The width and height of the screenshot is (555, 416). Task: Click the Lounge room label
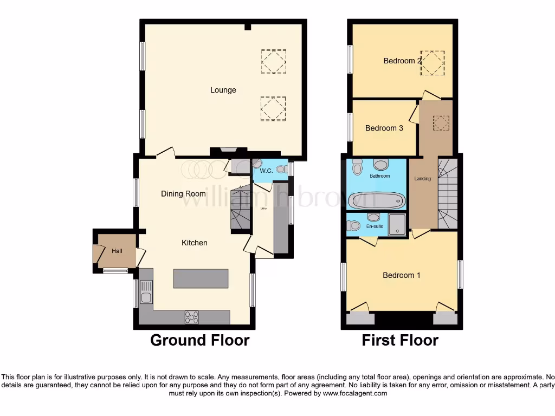pyautogui.click(x=223, y=90)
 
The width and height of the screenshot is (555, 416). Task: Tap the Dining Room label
pyautogui.click(x=183, y=193)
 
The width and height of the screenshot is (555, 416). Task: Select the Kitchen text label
pyautogui.click(x=194, y=243)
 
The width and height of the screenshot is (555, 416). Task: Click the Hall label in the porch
pyautogui.click(x=117, y=251)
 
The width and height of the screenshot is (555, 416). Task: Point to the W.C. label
pyautogui.click(x=266, y=171)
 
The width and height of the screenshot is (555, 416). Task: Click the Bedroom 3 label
pyautogui.click(x=384, y=128)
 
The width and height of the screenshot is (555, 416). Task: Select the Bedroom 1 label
pyautogui.click(x=401, y=275)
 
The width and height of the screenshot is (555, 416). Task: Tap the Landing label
pyautogui.click(x=422, y=179)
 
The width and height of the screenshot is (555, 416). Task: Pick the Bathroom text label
pyautogui.click(x=379, y=176)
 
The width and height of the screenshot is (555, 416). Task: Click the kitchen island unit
pyautogui.click(x=201, y=278)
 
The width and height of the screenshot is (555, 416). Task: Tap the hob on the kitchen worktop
pyautogui.click(x=192, y=317)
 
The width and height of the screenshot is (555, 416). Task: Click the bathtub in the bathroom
pyautogui.click(x=376, y=200)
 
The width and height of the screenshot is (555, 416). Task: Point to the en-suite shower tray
pyautogui.click(x=397, y=224)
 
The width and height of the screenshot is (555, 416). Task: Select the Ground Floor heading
pyautogui.click(x=199, y=340)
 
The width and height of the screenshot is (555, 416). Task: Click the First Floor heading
pyautogui.click(x=400, y=340)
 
